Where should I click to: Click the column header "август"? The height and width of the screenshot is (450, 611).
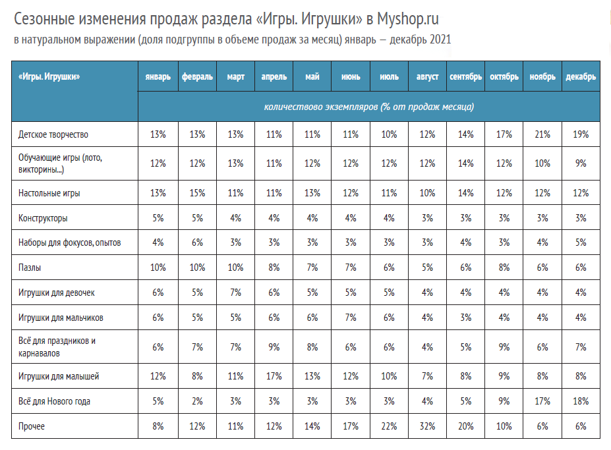[x=427, y=76]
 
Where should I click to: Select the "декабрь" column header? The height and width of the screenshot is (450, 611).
[x=581, y=76]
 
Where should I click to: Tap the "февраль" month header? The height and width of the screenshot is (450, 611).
[x=197, y=76]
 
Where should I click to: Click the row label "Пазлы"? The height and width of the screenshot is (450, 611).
[x=30, y=267]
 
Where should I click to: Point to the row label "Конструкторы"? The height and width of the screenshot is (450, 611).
[x=43, y=218]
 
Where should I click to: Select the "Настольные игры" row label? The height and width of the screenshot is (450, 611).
[x=49, y=193]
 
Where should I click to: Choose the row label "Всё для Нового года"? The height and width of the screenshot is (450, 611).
[x=54, y=401]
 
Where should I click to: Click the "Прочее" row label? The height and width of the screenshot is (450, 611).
[x=32, y=426]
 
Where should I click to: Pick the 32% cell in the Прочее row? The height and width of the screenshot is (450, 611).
[x=428, y=426]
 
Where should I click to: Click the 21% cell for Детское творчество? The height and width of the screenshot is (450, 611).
[x=542, y=134]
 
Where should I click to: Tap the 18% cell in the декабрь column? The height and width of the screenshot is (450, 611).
[x=581, y=401]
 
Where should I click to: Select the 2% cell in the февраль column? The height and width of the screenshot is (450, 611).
[x=197, y=401]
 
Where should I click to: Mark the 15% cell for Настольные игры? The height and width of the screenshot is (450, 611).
[x=197, y=193]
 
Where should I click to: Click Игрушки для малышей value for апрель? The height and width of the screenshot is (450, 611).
[x=274, y=376]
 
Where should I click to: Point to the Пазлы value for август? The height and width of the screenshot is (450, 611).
[x=428, y=267]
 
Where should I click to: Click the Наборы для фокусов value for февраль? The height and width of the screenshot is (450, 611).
[x=197, y=242]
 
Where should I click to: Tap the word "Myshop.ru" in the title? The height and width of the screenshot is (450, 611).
[x=407, y=18]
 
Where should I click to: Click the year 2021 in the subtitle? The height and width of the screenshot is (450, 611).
[x=440, y=40]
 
